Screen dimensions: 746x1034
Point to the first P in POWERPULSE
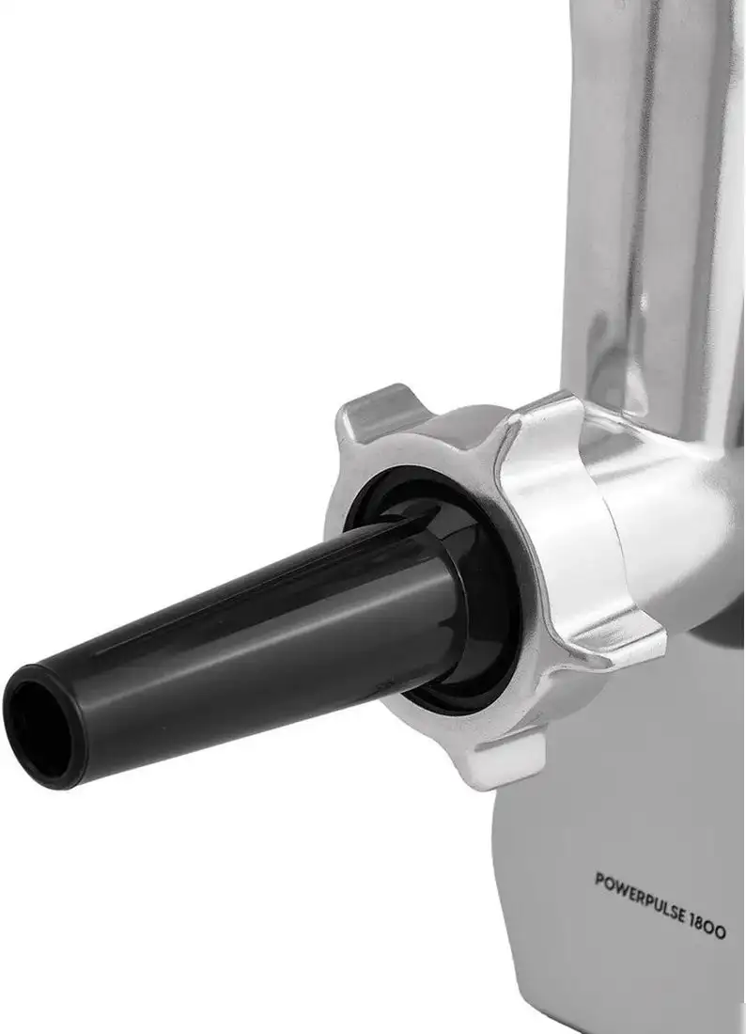599,880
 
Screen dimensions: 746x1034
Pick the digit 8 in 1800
703,922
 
